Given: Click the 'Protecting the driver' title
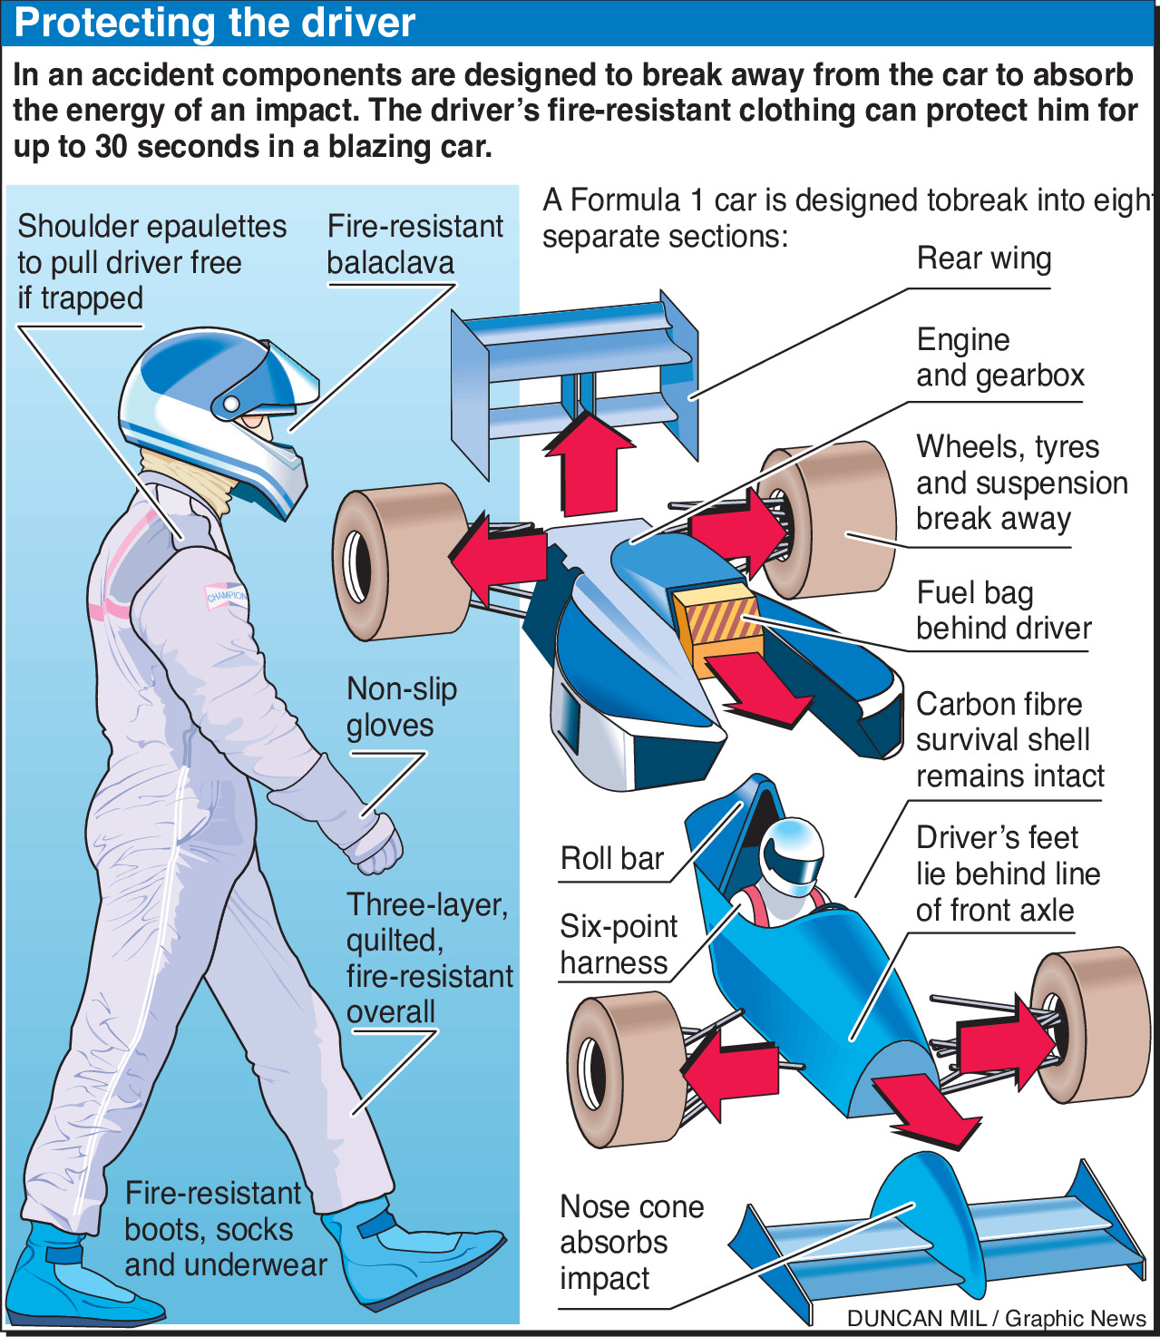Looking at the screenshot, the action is click(214, 23).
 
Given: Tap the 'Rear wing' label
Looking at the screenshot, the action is click(984, 259).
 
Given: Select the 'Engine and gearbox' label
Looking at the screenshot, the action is click(1000, 357).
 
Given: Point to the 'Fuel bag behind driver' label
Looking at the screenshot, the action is click(1003, 610).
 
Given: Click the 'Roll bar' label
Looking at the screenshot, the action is click(612, 858).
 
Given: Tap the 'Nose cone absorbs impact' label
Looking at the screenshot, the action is click(631, 1243).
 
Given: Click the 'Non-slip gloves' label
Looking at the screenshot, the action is click(402, 708).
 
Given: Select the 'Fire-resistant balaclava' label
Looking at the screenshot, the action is click(414, 245).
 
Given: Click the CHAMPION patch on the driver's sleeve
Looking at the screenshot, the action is click(227, 595).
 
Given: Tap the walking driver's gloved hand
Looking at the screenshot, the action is click(376, 845).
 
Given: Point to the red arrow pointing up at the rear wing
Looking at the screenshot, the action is click(589, 461).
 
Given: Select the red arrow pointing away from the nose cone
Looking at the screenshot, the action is click(925, 1111).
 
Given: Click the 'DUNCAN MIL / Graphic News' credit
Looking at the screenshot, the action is click(996, 1319).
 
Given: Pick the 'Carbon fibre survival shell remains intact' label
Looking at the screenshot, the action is click(1009, 740).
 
